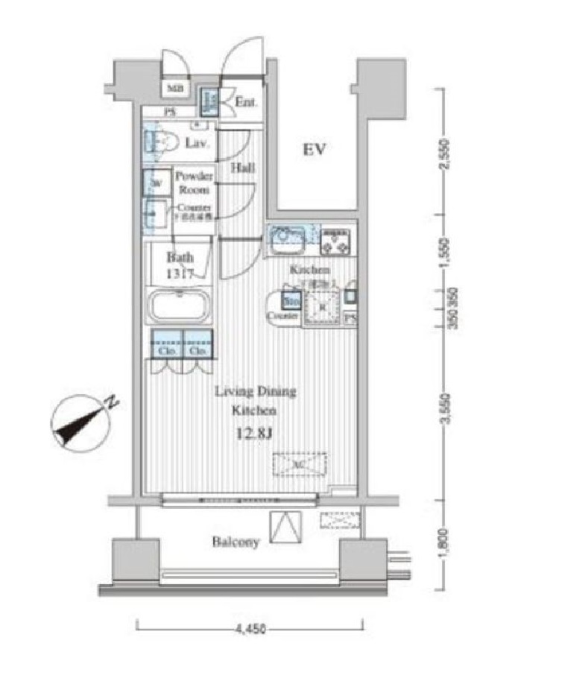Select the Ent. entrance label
pos(247,101)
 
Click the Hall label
pos(242,168)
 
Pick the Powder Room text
pos(194,183)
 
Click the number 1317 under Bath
pos(180,273)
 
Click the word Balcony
pos(235,542)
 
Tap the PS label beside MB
pos(171,113)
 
